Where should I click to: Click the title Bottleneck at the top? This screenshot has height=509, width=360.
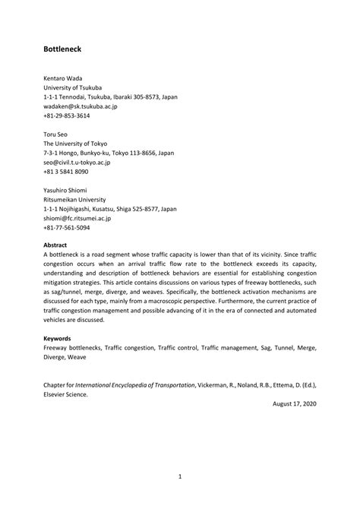(66, 49)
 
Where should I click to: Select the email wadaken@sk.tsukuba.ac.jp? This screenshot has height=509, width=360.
(80, 106)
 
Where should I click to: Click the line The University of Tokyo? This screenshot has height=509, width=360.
(76, 144)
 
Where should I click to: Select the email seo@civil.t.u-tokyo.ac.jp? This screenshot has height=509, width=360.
(77, 162)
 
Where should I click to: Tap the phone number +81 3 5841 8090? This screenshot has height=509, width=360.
(66, 172)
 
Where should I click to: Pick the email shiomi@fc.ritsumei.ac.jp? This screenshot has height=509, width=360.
(77, 218)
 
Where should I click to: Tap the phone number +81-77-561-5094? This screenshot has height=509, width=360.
(66, 227)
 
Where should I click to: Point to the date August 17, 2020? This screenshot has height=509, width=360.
(294, 403)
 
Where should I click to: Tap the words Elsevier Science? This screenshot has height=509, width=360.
(65, 394)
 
